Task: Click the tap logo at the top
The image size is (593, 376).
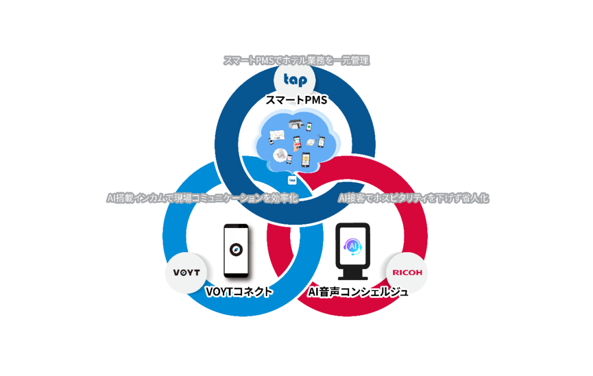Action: coord(295,80)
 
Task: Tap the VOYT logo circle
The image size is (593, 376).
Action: coord(186,272)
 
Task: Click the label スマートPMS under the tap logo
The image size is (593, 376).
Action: coord(296,101)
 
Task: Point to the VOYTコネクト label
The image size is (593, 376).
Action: coord(239,292)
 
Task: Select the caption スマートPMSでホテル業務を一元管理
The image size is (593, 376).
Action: coord(296,60)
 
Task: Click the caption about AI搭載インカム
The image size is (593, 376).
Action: coord(202,198)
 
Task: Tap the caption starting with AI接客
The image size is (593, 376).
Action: coord(413,198)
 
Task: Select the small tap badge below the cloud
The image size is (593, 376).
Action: coord(292,180)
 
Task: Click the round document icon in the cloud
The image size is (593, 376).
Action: coord(280,155)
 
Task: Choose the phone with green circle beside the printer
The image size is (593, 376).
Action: coord(309,126)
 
